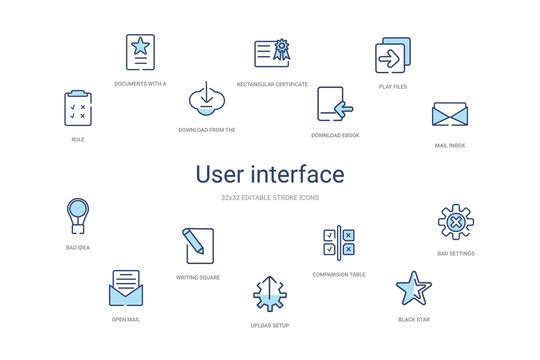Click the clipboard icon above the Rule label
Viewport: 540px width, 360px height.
(78, 108)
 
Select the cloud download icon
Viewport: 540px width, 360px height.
(204, 100)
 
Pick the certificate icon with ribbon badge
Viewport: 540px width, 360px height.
(272, 52)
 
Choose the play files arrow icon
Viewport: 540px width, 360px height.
(392, 57)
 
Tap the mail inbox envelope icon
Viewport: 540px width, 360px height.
(450, 115)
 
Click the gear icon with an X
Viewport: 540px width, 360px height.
(455, 222)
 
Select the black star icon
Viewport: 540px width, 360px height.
(412, 288)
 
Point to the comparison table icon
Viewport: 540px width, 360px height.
(339, 243)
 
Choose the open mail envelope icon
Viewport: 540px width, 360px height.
(125, 289)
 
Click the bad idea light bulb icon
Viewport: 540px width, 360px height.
(77, 215)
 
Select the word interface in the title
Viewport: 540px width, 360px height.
(300, 175)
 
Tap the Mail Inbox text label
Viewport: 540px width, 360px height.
(450, 145)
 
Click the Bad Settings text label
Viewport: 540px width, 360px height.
(455, 254)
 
